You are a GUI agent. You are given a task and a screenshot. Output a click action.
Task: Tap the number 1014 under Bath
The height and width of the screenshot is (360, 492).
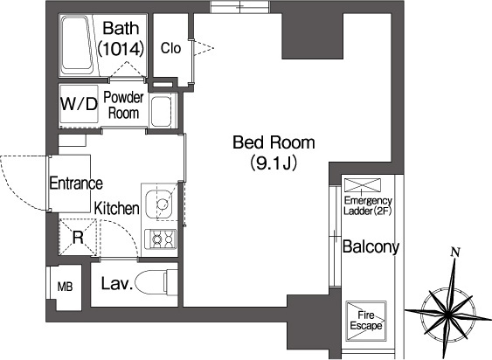pos(121,49)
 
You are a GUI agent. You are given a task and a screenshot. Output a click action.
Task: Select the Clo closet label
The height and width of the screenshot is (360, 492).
pos(170,48)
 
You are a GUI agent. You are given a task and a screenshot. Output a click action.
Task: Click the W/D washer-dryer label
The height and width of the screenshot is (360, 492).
pos(79,104)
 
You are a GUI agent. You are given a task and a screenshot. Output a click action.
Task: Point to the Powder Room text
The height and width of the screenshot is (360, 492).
pos(123,105)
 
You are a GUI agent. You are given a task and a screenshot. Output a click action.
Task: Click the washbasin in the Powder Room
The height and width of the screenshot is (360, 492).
pos(161,112)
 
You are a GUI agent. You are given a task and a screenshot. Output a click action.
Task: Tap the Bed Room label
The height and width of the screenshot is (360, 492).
pos(274,142)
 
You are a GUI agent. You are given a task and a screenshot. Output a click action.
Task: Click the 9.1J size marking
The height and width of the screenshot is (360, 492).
pos(274,163)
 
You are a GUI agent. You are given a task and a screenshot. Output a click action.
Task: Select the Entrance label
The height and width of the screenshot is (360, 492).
pos(76,183)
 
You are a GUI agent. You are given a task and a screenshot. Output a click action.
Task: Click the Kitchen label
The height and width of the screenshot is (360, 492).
pos(117,208)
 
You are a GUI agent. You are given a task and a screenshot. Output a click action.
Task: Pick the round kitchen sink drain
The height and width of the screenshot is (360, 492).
pos(163,204)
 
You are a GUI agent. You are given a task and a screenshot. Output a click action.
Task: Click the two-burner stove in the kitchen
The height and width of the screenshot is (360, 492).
pos(160,239)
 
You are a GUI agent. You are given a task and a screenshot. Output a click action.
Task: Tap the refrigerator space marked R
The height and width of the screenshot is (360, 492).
pos(78,238)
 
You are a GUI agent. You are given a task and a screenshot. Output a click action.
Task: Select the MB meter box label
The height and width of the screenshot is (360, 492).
pos(66,287)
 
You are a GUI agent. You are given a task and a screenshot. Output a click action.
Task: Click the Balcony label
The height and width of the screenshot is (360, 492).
pos(371,247)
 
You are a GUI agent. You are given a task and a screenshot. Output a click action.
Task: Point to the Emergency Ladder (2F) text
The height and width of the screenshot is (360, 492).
pos(368,205)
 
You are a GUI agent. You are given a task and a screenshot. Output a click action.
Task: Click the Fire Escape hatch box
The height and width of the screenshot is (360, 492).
pos(366,321)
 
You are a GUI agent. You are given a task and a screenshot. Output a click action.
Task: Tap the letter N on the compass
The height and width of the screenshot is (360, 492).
pos(455,252)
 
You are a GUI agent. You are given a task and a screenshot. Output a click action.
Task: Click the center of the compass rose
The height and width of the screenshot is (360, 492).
pos(447,313)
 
